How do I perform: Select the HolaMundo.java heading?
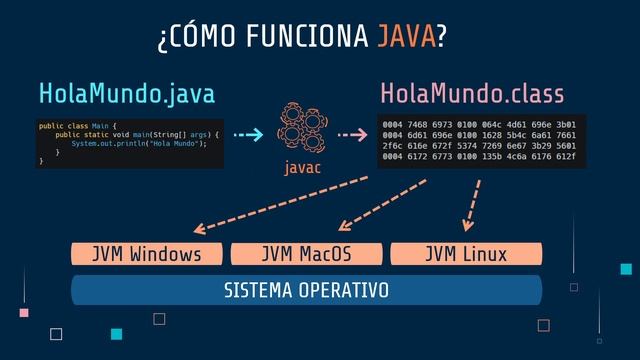point(126,94)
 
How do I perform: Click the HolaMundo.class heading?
point(472,94)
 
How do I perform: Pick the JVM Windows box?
point(146,254)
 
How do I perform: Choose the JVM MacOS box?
point(306,254)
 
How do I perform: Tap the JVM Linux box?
point(466,254)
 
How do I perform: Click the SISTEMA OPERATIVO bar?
point(306,290)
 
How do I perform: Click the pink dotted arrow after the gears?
point(354,134)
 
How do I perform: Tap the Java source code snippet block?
point(129,142)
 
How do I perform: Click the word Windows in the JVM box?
point(165,254)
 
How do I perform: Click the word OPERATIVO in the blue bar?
point(343,290)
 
